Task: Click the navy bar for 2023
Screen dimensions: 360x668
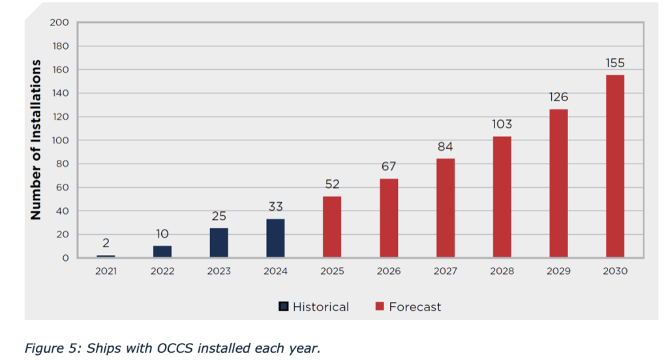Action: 219,243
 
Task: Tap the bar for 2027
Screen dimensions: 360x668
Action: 446,208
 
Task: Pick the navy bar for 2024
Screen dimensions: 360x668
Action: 275,238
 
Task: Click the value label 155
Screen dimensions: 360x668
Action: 615,63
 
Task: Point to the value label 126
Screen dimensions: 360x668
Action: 558,97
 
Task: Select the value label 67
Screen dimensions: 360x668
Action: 389,167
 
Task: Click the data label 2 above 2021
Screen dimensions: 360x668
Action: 106,243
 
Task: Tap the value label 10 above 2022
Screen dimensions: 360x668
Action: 162,234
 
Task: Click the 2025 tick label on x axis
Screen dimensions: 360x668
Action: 332,271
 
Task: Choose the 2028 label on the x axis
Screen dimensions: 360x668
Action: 502,271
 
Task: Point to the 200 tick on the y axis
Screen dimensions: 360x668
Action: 59,23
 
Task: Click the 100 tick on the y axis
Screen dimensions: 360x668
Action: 59,140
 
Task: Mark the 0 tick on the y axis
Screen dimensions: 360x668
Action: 65,258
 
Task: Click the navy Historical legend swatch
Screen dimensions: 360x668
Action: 284,307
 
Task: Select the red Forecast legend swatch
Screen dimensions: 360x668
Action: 380,307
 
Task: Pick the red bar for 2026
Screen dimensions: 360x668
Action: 389,218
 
